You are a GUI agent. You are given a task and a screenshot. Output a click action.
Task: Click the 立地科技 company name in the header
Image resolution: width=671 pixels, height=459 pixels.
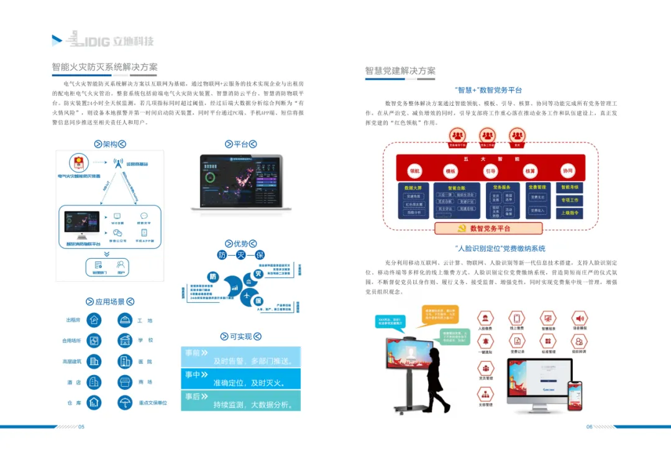click(x=134, y=42)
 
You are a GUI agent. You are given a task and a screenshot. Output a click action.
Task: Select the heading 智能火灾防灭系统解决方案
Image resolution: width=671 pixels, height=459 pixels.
click(x=104, y=67)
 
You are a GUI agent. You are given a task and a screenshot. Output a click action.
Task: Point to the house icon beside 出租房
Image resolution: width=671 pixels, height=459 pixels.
click(x=94, y=320)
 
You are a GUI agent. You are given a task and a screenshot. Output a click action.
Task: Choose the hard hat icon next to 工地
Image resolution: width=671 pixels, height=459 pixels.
click(x=125, y=320)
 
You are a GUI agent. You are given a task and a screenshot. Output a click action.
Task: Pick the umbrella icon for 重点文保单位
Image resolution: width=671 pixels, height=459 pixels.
click(x=125, y=402)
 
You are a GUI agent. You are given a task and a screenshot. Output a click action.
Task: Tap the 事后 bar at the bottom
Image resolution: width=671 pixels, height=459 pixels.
click(x=240, y=401)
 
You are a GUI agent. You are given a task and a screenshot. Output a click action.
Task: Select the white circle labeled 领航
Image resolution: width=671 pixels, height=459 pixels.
click(x=414, y=171)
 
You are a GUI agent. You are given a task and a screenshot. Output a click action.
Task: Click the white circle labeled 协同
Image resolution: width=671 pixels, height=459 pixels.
click(x=567, y=170)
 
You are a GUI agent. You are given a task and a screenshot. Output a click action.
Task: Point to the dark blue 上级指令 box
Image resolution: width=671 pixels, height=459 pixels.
click(x=570, y=213)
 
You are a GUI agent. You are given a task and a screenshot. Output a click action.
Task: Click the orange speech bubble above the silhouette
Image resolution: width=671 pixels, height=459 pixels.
click(x=440, y=315)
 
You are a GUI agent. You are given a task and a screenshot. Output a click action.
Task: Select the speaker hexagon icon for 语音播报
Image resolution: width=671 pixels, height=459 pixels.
click(x=579, y=318)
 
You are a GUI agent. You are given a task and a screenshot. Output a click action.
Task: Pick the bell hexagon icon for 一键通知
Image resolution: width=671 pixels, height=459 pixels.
click(x=485, y=341)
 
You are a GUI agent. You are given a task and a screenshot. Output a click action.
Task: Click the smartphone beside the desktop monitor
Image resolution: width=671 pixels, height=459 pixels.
click(x=575, y=396)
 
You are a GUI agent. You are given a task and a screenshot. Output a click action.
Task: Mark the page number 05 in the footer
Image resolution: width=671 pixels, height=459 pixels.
click(x=81, y=427)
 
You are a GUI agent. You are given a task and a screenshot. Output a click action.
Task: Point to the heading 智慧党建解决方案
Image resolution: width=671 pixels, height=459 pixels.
click(x=400, y=71)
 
